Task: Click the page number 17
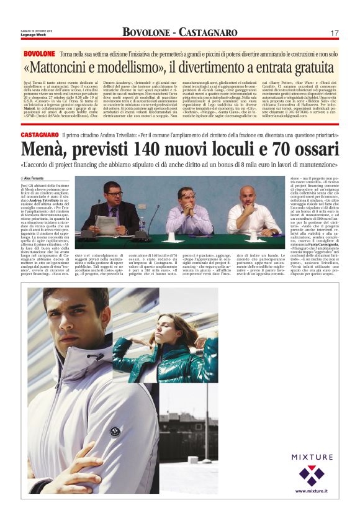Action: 334,32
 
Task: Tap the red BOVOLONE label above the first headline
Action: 39,54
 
